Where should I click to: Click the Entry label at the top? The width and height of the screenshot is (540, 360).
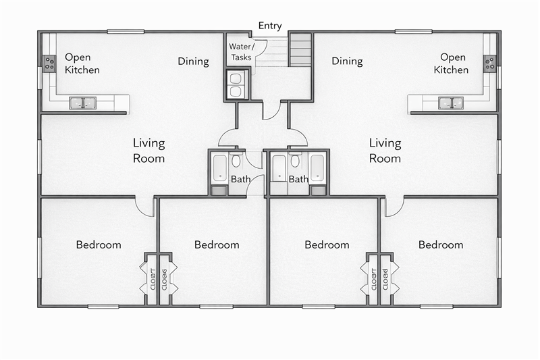270,26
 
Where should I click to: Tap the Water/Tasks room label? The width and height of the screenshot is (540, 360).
241,52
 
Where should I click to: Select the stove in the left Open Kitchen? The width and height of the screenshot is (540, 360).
49,63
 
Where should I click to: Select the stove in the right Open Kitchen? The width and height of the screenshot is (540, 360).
489,63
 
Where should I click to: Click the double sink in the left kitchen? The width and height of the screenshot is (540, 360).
83,103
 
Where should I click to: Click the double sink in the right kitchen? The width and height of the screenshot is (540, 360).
451,103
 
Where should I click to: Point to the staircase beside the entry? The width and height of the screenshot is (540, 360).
300,49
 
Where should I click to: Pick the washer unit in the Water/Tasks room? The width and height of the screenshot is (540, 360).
237,85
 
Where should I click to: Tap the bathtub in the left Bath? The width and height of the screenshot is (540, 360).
220,168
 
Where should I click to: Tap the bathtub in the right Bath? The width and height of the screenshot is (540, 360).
317,168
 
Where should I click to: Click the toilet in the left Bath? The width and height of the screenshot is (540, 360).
236,161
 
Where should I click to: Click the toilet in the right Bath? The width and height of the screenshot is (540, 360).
295,161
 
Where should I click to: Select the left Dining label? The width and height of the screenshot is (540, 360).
193,61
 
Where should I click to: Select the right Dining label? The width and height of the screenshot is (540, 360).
347,61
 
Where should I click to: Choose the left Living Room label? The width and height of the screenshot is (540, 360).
148,151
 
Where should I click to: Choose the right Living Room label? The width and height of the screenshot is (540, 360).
385,151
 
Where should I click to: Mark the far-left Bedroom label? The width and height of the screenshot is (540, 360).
99,245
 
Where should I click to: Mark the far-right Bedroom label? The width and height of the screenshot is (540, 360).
441,245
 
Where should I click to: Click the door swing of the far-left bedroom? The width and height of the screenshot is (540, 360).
144,207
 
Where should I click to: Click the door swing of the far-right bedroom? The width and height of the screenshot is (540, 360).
394,207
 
